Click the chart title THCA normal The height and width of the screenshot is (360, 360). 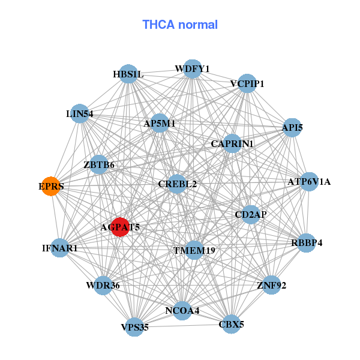coord(179,25)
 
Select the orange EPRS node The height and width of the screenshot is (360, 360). coord(52,187)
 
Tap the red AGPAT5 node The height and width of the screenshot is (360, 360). coord(121,227)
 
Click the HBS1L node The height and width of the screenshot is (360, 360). coord(128,74)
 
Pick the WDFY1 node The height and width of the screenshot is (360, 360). coord(192,69)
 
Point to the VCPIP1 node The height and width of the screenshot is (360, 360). coord(247,83)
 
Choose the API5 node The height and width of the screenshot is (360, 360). coord(292,128)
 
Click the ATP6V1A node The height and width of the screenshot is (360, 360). coord(308,181)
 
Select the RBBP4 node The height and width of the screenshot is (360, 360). coord(307,243)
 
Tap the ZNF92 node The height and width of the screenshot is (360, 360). coord(271,285)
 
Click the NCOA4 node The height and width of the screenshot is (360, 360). coord(182,310)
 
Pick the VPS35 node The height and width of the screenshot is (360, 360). coord(134,327)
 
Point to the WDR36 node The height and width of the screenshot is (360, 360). coord(103,285)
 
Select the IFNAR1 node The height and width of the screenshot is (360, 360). coord(60,247)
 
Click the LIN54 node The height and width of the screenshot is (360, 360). coord(80,113)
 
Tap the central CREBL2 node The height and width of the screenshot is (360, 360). coord(177,184)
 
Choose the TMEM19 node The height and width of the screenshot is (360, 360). coord(194,250)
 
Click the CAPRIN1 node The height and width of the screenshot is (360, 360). coord(232,144)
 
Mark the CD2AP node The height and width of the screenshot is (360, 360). coord(251,214)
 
